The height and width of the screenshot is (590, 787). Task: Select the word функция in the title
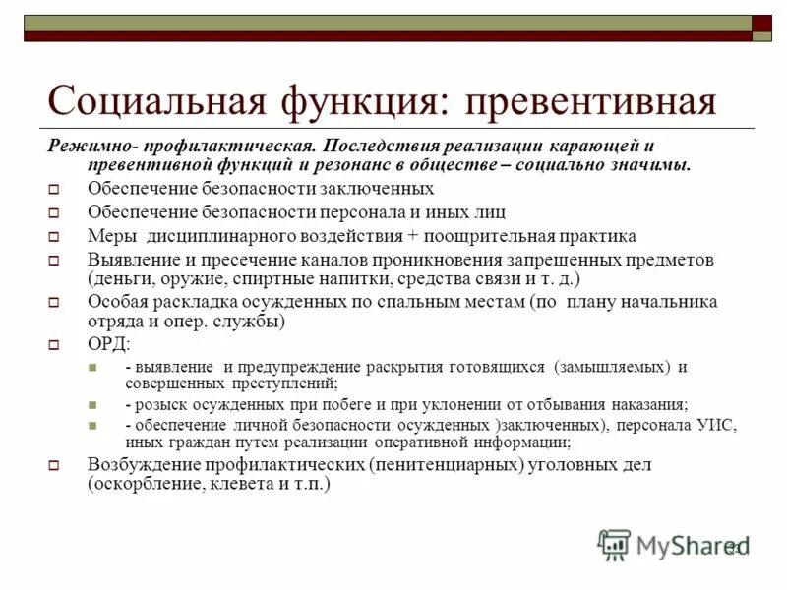click(x=368, y=101)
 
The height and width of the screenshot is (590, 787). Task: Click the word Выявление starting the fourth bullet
click(x=129, y=260)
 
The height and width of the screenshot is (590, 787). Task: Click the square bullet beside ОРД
click(x=55, y=345)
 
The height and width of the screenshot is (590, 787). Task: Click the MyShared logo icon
click(x=614, y=544)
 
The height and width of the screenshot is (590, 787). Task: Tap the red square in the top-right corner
click(x=761, y=24)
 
